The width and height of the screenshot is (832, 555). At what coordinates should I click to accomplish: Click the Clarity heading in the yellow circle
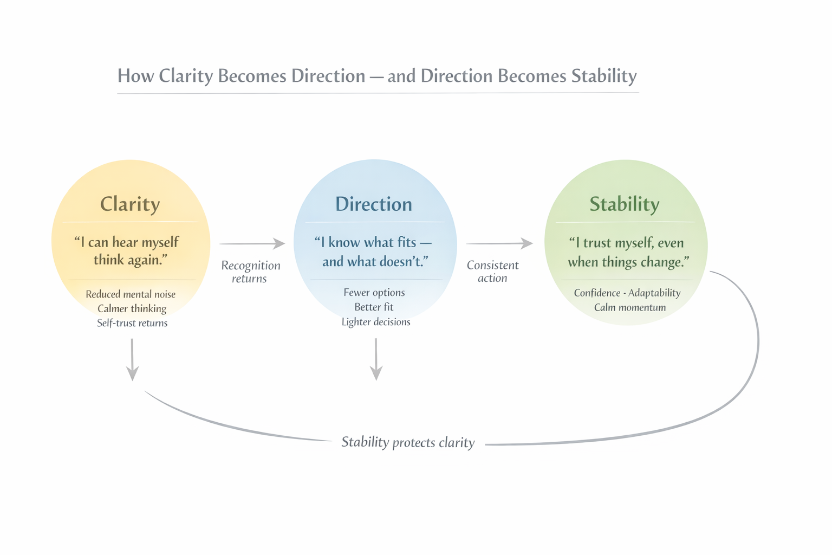point(130,204)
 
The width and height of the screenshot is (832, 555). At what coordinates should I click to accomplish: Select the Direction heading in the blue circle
point(374,204)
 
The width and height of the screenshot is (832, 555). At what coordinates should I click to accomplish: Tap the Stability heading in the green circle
point(625,204)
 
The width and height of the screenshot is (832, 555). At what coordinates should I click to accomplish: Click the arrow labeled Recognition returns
point(252,244)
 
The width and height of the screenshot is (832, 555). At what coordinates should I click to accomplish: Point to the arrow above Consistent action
point(499,244)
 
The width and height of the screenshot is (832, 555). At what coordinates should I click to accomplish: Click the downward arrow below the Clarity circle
point(132,360)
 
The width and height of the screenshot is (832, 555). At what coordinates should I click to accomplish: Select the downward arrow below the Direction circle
point(376,360)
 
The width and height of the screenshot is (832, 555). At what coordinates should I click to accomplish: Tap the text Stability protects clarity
point(408,442)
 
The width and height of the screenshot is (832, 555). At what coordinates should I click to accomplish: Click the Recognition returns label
point(250,272)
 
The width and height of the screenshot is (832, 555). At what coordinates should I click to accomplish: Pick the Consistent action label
point(492,272)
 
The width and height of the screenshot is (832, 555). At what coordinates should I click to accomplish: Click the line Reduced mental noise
point(131,294)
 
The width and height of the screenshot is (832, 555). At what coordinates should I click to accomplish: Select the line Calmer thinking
point(132,308)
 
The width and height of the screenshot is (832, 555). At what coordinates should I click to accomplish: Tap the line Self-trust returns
point(132,323)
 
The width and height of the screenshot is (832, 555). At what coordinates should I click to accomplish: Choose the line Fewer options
point(374,293)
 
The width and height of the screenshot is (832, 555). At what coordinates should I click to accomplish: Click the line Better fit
point(374,307)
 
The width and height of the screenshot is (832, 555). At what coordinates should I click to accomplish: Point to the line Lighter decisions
point(376,322)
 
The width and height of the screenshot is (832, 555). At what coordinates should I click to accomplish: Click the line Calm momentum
point(630,307)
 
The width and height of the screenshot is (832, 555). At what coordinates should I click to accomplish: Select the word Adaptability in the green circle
point(654,293)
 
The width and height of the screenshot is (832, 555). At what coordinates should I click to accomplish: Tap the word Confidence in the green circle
point(597,293)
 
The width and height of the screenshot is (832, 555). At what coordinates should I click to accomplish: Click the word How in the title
point(135,76)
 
